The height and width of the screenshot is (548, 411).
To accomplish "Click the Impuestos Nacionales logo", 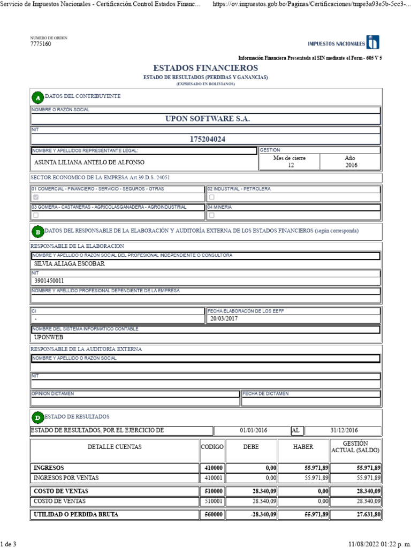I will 344,43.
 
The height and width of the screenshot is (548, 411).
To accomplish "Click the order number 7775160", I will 41,44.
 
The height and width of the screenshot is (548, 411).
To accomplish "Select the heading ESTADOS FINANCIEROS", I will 205,68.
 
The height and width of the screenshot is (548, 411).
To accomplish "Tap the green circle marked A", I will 37,97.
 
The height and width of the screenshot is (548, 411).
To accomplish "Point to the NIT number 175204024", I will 208,139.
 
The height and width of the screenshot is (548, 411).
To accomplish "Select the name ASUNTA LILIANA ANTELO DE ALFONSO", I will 89,162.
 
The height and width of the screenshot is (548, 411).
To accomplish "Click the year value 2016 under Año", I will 351,165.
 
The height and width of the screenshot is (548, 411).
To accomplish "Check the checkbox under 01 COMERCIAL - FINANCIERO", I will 36,197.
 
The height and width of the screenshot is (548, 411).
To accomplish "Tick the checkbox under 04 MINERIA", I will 211,215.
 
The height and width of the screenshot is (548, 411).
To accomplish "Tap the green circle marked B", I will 37,232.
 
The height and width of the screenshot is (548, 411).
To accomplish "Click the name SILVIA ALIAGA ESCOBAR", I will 69,263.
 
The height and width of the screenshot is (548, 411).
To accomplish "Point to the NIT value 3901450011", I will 49,280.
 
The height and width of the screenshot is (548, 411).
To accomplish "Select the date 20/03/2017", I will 224,318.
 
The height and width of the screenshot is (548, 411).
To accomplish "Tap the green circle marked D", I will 37,417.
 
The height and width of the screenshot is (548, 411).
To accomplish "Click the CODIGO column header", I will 212,447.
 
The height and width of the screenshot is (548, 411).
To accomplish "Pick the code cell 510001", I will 214,501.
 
